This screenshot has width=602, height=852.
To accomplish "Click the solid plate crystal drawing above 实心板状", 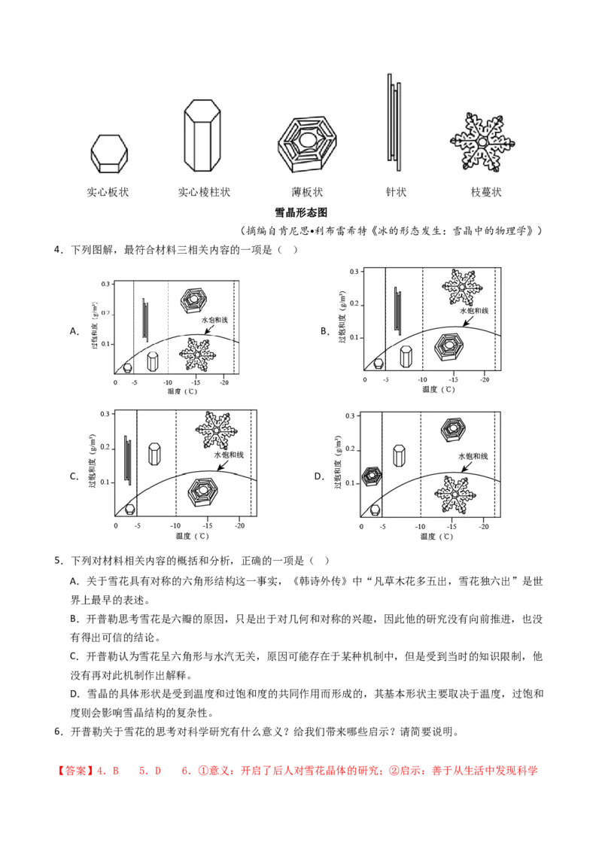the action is point(109,154).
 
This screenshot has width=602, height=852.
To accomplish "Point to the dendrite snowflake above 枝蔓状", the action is point(482,142).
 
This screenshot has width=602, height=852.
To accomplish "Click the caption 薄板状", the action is point(307,193).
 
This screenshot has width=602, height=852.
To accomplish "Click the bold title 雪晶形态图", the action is point(301,212).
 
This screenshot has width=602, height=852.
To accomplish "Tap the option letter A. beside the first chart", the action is point(74,331).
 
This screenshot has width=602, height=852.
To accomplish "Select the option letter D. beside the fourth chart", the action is point(320,476).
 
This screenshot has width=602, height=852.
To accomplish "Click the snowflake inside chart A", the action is point(197,354).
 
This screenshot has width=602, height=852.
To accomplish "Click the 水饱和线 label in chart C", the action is point(229,455).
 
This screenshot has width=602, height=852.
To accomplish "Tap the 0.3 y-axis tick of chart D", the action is point(350,416).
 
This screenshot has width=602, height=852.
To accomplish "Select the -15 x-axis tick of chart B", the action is point(453,380).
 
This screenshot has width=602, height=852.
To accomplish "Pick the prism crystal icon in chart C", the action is point(155,455).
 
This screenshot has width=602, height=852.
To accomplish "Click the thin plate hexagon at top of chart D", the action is point(453,430).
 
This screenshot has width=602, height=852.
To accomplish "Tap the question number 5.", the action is point(59,561).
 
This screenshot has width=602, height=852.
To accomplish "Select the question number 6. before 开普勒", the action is point(59,732).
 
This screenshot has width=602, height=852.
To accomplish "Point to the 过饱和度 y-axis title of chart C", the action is point(93,461).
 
